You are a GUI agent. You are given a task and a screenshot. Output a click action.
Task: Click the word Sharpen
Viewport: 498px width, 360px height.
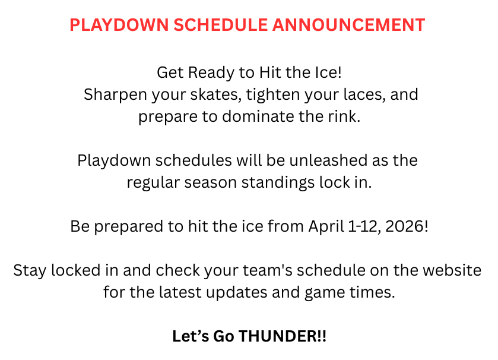tap(110, 94)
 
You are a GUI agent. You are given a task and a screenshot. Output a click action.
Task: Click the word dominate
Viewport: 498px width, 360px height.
tap(258, 116)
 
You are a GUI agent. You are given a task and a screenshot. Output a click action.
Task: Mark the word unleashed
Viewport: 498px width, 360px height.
tap(321, 160)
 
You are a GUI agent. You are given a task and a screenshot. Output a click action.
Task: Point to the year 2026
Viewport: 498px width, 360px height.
tap(407, 226)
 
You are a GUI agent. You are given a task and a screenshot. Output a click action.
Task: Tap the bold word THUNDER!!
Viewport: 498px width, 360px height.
tap(283, 336)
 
